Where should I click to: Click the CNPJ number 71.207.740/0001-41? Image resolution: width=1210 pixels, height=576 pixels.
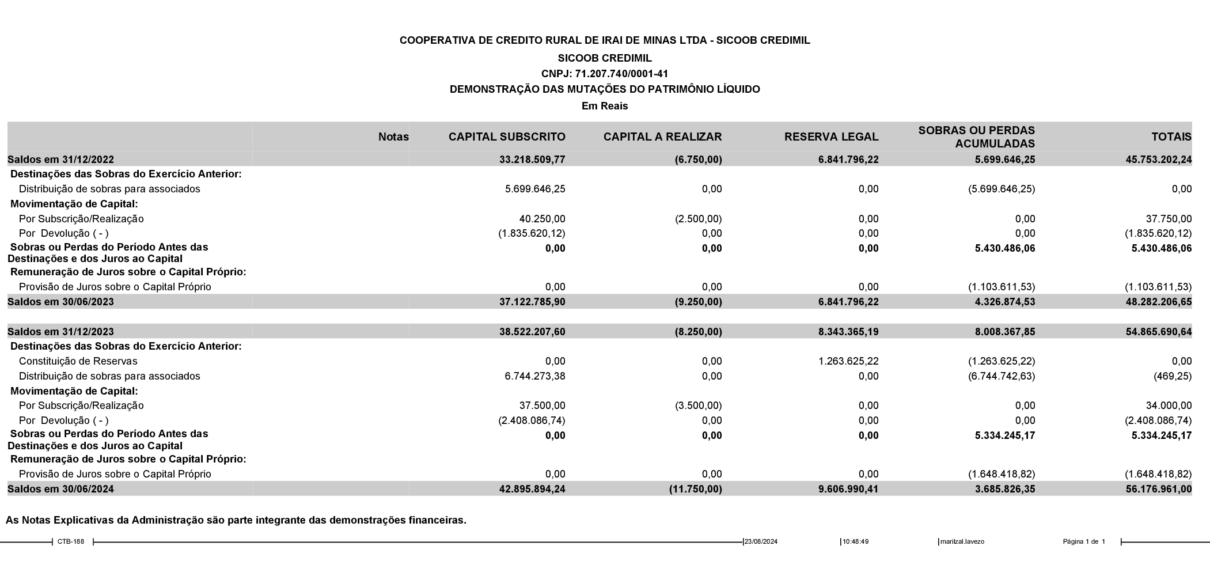point(621,74)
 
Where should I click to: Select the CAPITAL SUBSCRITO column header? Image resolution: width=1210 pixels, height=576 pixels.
point(507,137)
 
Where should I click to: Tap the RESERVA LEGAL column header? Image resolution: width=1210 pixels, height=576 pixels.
point(831,137)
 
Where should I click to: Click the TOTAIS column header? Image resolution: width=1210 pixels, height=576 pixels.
point(1171,137)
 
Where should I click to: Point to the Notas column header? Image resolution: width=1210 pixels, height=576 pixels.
point(393,137)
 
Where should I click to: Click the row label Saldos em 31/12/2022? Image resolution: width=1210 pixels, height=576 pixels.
point(60,160)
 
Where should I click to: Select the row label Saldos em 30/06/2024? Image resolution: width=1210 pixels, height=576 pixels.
point(60,489)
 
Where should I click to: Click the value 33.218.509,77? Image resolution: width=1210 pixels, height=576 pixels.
point(532,160)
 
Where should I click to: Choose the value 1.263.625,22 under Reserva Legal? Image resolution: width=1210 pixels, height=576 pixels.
point(848,361)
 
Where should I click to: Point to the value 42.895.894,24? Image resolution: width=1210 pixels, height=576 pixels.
point(532,489)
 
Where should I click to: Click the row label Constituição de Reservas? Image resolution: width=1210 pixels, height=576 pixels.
point(78,361)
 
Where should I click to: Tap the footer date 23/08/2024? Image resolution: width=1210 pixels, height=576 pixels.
point(761,541)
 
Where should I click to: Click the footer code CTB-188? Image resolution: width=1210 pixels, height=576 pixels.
point(71,541)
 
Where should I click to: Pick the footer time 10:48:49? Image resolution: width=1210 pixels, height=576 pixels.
point(855,541)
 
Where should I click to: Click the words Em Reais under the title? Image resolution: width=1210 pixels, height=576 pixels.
point(605,106)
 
